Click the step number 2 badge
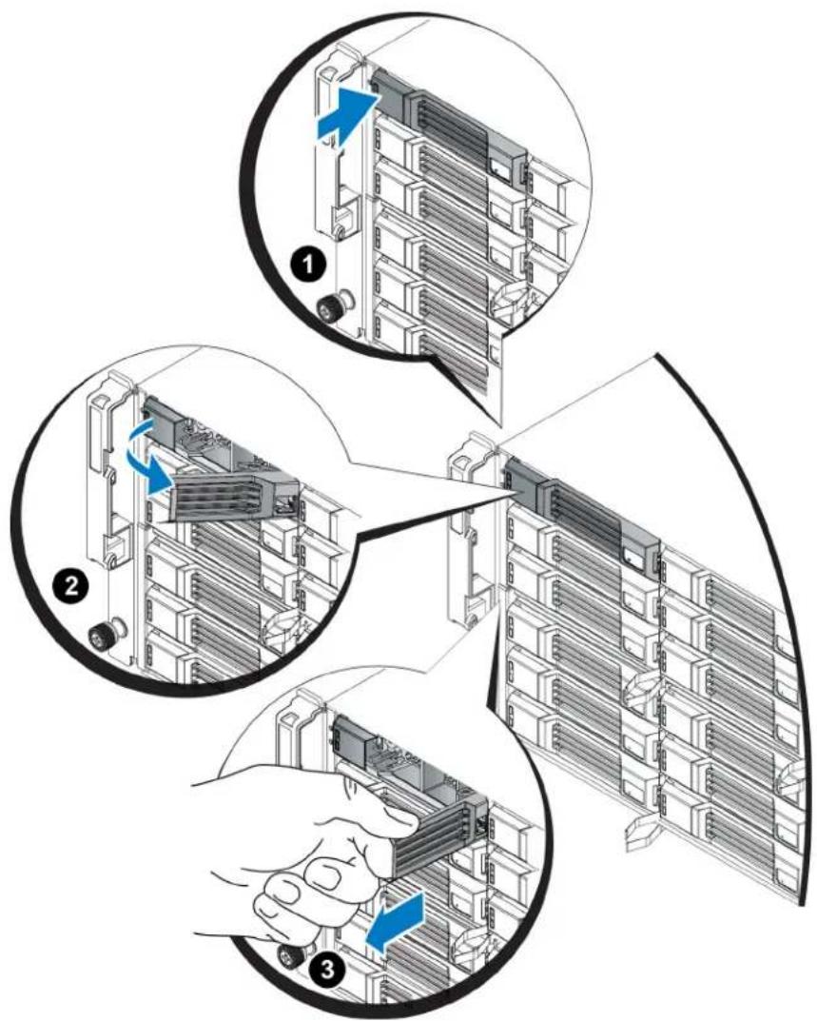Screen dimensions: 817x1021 [x=69, y=585]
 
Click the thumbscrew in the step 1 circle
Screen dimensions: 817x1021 [x=333, y=306]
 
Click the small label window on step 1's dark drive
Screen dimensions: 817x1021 [x=502, y=168]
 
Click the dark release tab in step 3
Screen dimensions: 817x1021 [x=350, y=736]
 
